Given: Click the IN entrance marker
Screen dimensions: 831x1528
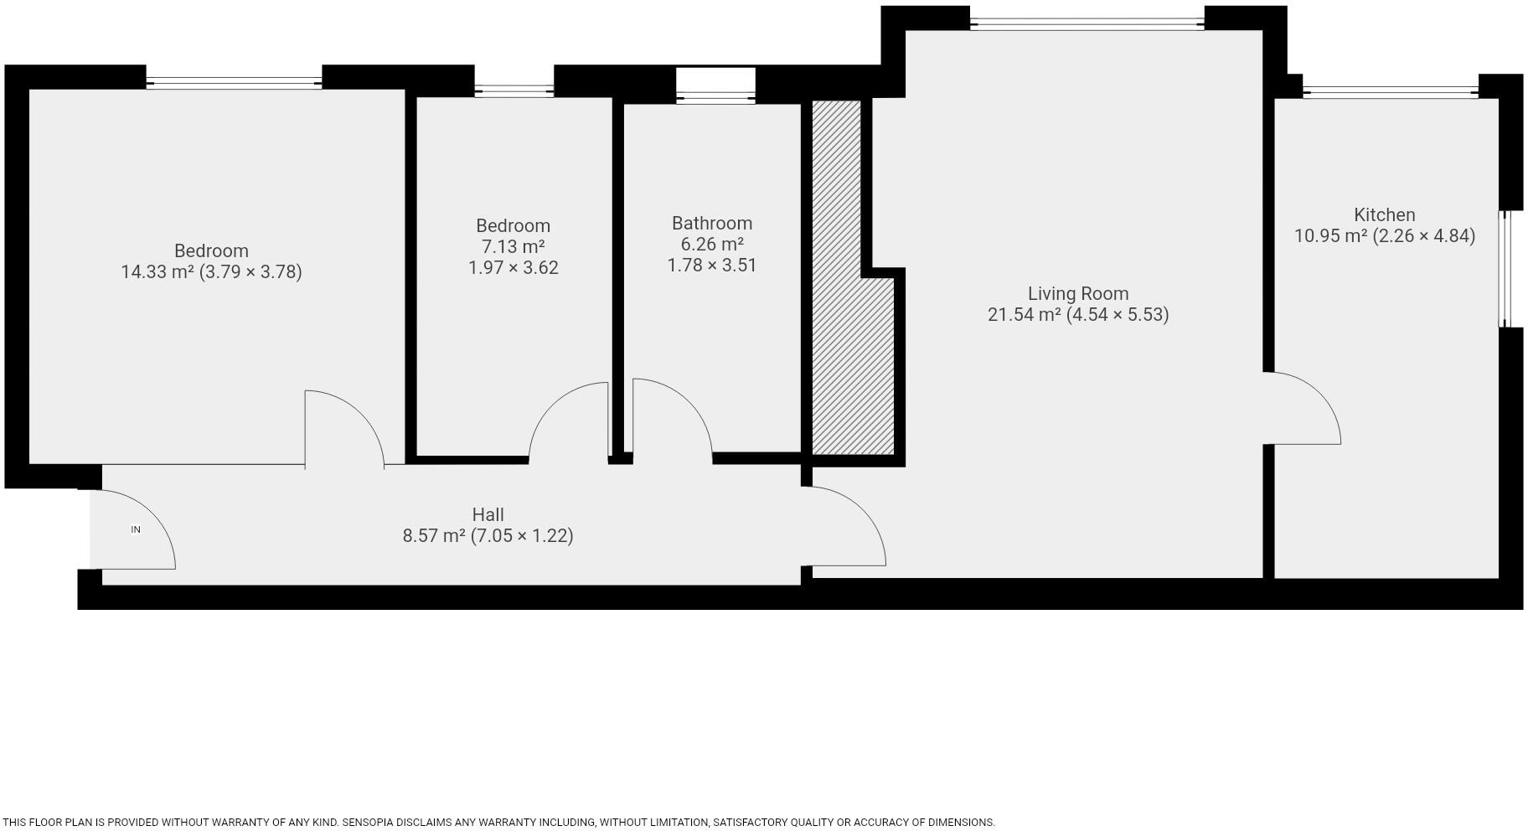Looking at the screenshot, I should point(136,529).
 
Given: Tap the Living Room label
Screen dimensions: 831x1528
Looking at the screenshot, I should point(1078,293).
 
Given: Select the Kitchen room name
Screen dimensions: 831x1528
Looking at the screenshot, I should point(1385,214).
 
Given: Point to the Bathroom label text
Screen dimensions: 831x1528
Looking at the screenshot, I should point(712,223).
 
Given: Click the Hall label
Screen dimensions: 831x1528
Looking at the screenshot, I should point(488,514).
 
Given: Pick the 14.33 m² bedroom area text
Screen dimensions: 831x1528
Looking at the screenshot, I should point(211,271).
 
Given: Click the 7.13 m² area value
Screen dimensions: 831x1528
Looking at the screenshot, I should point(513,246).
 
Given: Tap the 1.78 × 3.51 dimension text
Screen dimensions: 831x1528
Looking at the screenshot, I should point(712,265).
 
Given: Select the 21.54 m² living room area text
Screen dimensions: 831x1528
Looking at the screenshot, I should point(1078,314).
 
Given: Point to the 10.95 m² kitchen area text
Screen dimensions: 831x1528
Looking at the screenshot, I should point(1385,235).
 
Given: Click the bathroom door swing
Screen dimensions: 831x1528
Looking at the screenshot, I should point(670,415).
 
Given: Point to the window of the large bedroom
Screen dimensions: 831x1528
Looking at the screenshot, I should point(234,82).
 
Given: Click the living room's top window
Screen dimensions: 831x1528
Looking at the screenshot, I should point(1087,23).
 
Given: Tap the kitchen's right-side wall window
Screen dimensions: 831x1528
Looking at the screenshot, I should point(1505,268).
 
